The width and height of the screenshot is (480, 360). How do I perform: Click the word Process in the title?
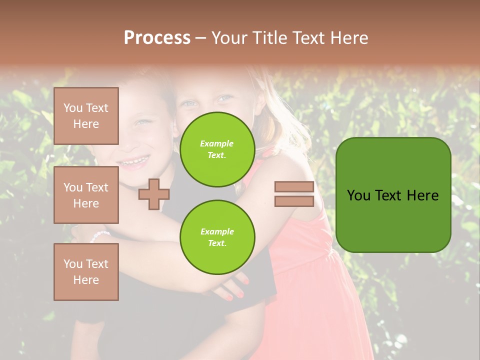(x=157, y=38)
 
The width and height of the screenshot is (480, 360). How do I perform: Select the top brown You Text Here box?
(x=86, y=116)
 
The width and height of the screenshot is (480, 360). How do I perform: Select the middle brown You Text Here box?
(x=86, y=195)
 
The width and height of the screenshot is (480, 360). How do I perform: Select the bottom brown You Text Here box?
(x=86, y=271)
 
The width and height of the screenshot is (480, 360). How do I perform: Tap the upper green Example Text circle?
(x=217, y=149)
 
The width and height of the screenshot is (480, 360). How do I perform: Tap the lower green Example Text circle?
(x=217, y=237)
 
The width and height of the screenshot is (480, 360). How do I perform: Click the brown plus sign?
(x=153, y=194)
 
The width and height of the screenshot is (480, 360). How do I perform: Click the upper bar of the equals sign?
(x=294, y=187)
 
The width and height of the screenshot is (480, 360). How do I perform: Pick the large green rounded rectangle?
(x=393, y=195)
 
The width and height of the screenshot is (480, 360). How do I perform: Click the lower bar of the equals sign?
(x=294, y=201)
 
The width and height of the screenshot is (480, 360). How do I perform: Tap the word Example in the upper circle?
(x=217, y=143)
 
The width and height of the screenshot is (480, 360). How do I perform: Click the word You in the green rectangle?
(x=358, y=195)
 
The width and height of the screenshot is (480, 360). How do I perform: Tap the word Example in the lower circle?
(x=217, y=231)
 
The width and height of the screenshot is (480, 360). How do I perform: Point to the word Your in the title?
(x=230, y=38)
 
